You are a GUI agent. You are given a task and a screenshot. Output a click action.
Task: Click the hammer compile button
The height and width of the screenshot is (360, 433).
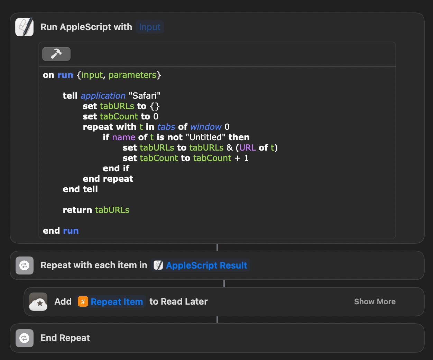(x=56, y=54)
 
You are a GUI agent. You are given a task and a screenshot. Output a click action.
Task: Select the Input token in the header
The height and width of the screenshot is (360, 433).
(x=150, y=27)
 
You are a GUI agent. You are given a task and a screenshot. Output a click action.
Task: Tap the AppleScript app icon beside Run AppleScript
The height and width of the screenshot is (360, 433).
(x=25, y=27)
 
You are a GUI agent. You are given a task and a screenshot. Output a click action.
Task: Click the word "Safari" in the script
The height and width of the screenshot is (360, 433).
(x=145, y=96)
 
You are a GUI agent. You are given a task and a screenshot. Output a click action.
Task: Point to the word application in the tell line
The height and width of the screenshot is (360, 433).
(x=103, y=96)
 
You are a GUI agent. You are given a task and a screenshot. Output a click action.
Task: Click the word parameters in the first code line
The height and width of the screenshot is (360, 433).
(x=132, y=75)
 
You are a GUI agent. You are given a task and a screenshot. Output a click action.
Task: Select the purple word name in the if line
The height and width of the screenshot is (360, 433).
(x=123, y=137)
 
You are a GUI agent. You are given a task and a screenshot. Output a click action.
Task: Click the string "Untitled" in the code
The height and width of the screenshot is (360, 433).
(x=205, y=137)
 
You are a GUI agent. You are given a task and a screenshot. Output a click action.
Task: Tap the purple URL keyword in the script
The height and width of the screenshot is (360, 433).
(x=247, y=147)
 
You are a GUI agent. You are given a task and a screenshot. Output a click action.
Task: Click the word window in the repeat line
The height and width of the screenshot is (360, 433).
(x=206, y=127)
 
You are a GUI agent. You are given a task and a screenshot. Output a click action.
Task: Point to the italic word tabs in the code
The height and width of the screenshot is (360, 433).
(x=166, y=127)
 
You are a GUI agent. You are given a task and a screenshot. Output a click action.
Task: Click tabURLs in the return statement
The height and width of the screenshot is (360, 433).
(x=112, y=210)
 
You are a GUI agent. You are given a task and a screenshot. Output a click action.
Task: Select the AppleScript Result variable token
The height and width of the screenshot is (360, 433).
(x=200, y=265)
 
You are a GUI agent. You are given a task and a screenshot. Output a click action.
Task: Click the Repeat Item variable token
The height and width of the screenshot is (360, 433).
(x=110, y=301)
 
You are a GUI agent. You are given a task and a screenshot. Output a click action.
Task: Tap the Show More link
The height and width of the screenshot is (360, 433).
(x=375, y=301)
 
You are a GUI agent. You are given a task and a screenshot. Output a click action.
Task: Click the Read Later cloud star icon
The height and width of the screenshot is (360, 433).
(x=38, y=301)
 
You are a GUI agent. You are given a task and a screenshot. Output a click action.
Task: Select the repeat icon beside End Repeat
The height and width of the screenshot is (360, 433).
(x=25, y=338)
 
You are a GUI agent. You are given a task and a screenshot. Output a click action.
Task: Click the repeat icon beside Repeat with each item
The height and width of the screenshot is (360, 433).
(x=25, y=265)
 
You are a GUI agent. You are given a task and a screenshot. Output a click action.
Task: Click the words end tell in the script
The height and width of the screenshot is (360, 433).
(x=80, y=189)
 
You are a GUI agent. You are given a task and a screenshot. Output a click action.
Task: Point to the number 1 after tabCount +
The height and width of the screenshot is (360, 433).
(x=246, y=158)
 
